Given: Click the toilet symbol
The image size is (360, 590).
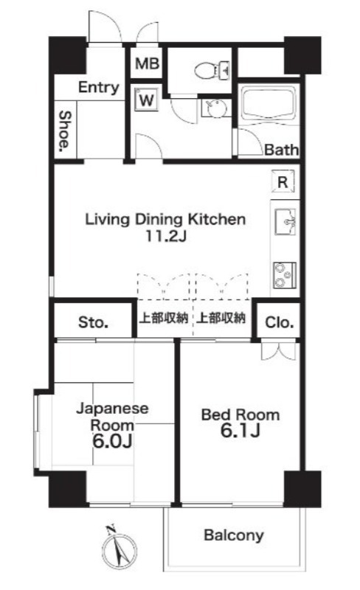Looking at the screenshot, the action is pos(212,69).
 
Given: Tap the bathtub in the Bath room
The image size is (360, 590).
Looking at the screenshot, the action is pos(268,103).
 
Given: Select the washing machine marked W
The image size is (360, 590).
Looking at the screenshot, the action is pos(147,100).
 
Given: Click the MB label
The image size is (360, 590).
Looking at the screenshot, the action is pos(148,63).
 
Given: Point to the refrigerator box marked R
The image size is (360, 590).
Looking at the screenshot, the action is pos(283,182).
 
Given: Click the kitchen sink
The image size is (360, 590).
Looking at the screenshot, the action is pos(285,222).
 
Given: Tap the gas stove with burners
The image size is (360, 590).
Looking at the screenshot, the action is pos(285,275).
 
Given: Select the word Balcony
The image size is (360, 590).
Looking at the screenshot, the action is pos(233,535).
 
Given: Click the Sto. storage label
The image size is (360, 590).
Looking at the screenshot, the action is pos(94,322).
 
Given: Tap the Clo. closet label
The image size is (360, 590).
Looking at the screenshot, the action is pos(279,322).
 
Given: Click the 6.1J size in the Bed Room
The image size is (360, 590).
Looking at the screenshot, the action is pos(240,431).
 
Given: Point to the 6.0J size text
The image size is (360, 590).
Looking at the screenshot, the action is pos(112,441).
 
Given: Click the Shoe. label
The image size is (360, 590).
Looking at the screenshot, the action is pos(65,131).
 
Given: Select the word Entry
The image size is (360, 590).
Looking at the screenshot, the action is pos(99,88).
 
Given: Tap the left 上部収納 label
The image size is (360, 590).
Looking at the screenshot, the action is pos(164,319).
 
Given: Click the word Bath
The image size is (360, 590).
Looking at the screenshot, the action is pos(281,150).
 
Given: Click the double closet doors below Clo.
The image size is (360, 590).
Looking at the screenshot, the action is pos(278,351).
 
